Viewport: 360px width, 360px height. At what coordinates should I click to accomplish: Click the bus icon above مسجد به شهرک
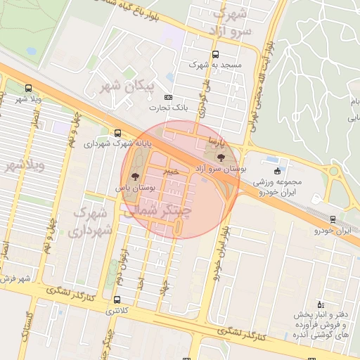tap(215, 54)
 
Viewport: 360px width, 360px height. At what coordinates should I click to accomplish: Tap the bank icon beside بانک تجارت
tap(167, 97)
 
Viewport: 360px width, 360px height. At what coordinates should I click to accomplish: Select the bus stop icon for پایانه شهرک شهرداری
tap(117, 132)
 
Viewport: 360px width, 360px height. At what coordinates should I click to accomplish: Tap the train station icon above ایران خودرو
tap(333, 219)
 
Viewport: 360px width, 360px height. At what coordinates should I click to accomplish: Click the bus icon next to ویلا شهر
tap(27, 88)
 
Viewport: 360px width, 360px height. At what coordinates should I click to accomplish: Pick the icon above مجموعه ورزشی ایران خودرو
tap(277, 171)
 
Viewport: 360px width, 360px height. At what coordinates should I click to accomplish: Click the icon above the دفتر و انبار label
tap(321, 304)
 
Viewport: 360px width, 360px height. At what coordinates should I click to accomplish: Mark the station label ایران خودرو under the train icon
tap(332, 230)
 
